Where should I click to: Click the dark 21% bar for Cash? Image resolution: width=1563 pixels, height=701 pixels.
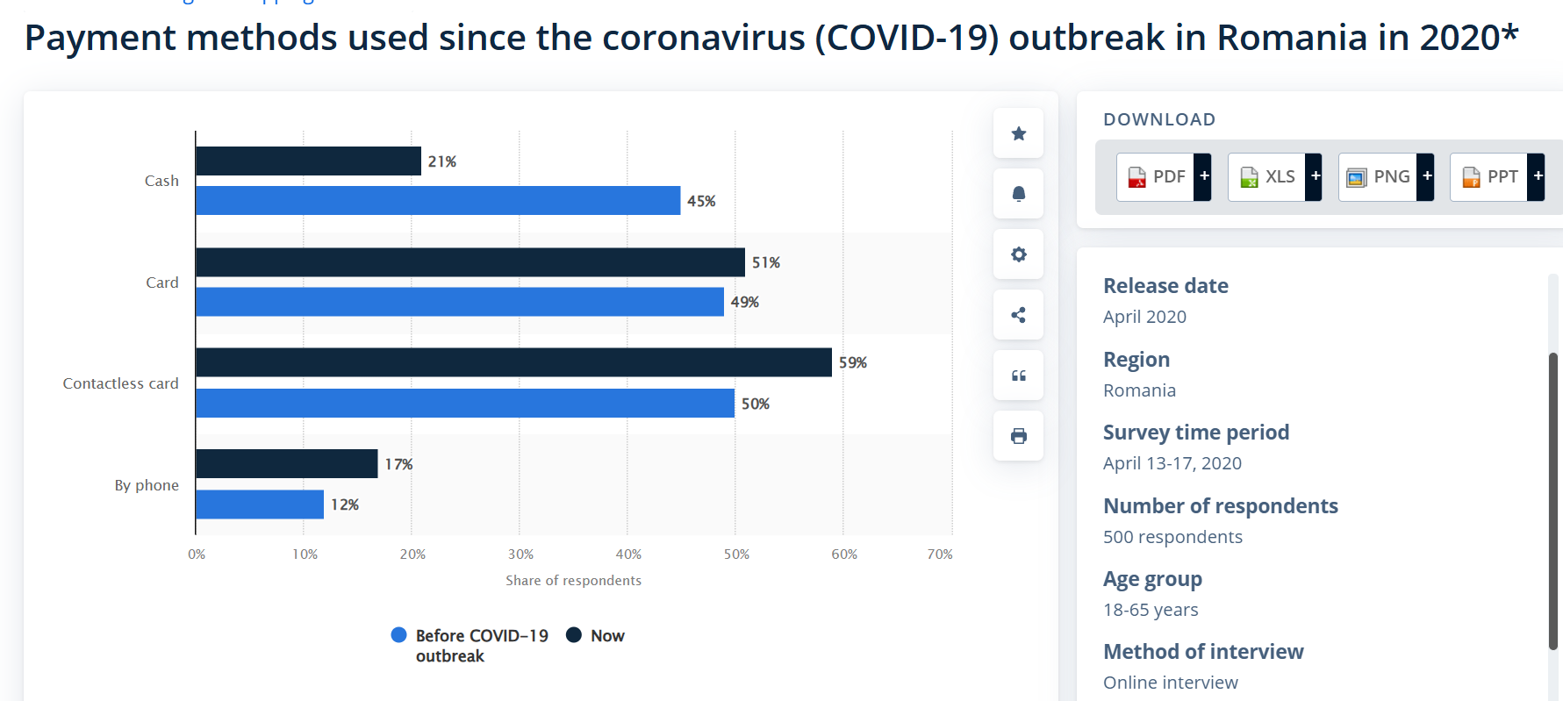(x=308, y=161)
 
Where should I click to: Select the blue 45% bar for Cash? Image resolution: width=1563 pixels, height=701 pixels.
(x=438, y=201)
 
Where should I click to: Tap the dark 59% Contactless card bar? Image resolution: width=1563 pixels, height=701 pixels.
(x=513, y=362)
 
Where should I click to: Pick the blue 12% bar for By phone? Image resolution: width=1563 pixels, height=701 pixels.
(x=260, y=504)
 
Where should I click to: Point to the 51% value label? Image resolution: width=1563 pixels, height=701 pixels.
(x=765, y=262)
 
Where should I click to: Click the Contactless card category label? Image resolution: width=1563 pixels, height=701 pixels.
(x=120, y=383)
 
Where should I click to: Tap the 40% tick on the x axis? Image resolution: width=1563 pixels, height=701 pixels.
(x=628, y=554)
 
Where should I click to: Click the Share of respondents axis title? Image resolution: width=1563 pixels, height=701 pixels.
(x=573, y=581)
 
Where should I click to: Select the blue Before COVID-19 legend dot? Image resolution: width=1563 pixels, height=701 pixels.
(x=399, y=635)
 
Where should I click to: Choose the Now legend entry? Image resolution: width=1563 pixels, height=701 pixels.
(x=597, y=635)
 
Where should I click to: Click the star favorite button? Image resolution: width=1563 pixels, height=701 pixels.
(x=1018, y=133)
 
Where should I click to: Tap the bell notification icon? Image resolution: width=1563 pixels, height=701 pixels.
(x=1018, y=194)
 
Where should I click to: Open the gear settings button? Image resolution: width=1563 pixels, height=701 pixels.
(x=1018, y=254)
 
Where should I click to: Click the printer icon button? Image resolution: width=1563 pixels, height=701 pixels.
(x=1018, y=436)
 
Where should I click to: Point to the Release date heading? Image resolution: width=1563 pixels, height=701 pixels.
(x=1165, y=286)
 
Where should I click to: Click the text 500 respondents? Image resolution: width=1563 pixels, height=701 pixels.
(x=1172, y=537)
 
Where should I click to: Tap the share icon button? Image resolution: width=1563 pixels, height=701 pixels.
(x=1018, y=315)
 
